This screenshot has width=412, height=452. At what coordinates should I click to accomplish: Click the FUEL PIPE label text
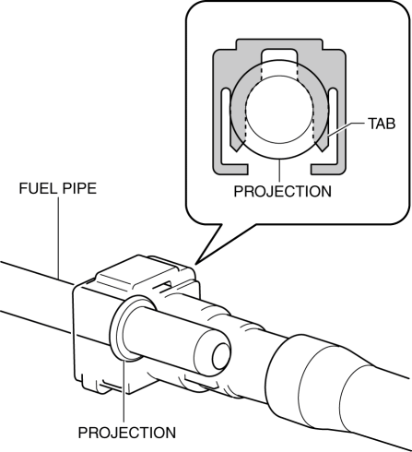[58, 188]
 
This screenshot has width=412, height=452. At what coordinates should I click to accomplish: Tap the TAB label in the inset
[382, 124]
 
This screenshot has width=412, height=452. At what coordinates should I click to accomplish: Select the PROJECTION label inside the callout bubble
[282, 191]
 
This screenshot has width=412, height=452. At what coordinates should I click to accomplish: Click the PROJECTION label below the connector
[127, 433]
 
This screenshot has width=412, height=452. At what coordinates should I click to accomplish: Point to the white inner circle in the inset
[279, 109]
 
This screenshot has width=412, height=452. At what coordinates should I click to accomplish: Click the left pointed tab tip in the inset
[236, 149]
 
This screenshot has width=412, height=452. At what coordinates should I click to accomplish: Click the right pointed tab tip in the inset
[323, 149]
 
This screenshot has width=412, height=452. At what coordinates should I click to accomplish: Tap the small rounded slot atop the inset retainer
[279, 54]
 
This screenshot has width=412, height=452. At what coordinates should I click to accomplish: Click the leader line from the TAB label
[347, 129]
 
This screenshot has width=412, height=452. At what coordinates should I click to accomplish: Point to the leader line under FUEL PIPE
[58, 238]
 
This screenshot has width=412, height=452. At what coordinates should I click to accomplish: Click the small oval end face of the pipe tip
[222, 357]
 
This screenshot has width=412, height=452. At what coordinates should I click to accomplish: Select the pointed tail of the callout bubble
[196, 263]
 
